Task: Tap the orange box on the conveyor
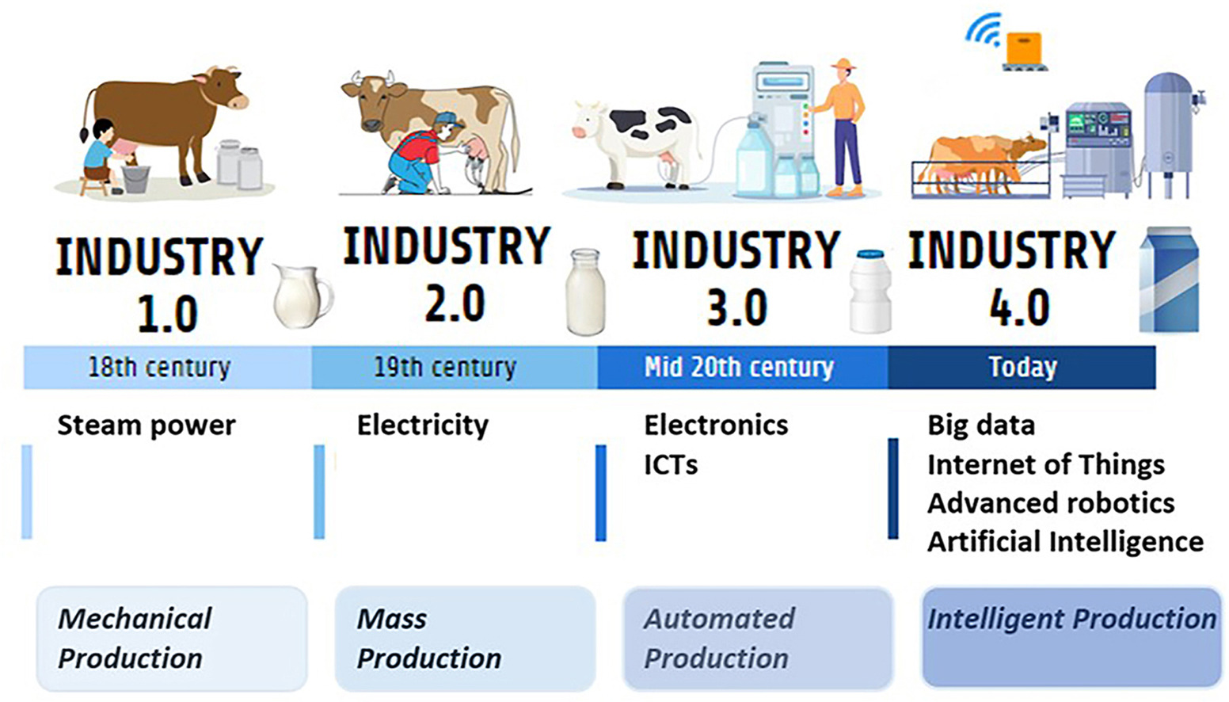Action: click(1024, 48)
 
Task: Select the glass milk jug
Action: click(302, 296)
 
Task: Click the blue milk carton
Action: click(1169, 280)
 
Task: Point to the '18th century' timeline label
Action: click(159, 367)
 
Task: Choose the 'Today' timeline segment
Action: click(1022, 367)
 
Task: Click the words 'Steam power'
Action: click(146, 425)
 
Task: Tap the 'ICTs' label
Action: click(671, 465)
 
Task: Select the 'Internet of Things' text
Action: click(1046, 465)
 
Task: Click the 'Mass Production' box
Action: click(466, 639)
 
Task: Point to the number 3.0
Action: click(737, 308)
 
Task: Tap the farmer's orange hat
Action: click(843, 63)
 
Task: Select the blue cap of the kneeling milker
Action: click(447, 119)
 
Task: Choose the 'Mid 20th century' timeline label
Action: click(739, 367)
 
